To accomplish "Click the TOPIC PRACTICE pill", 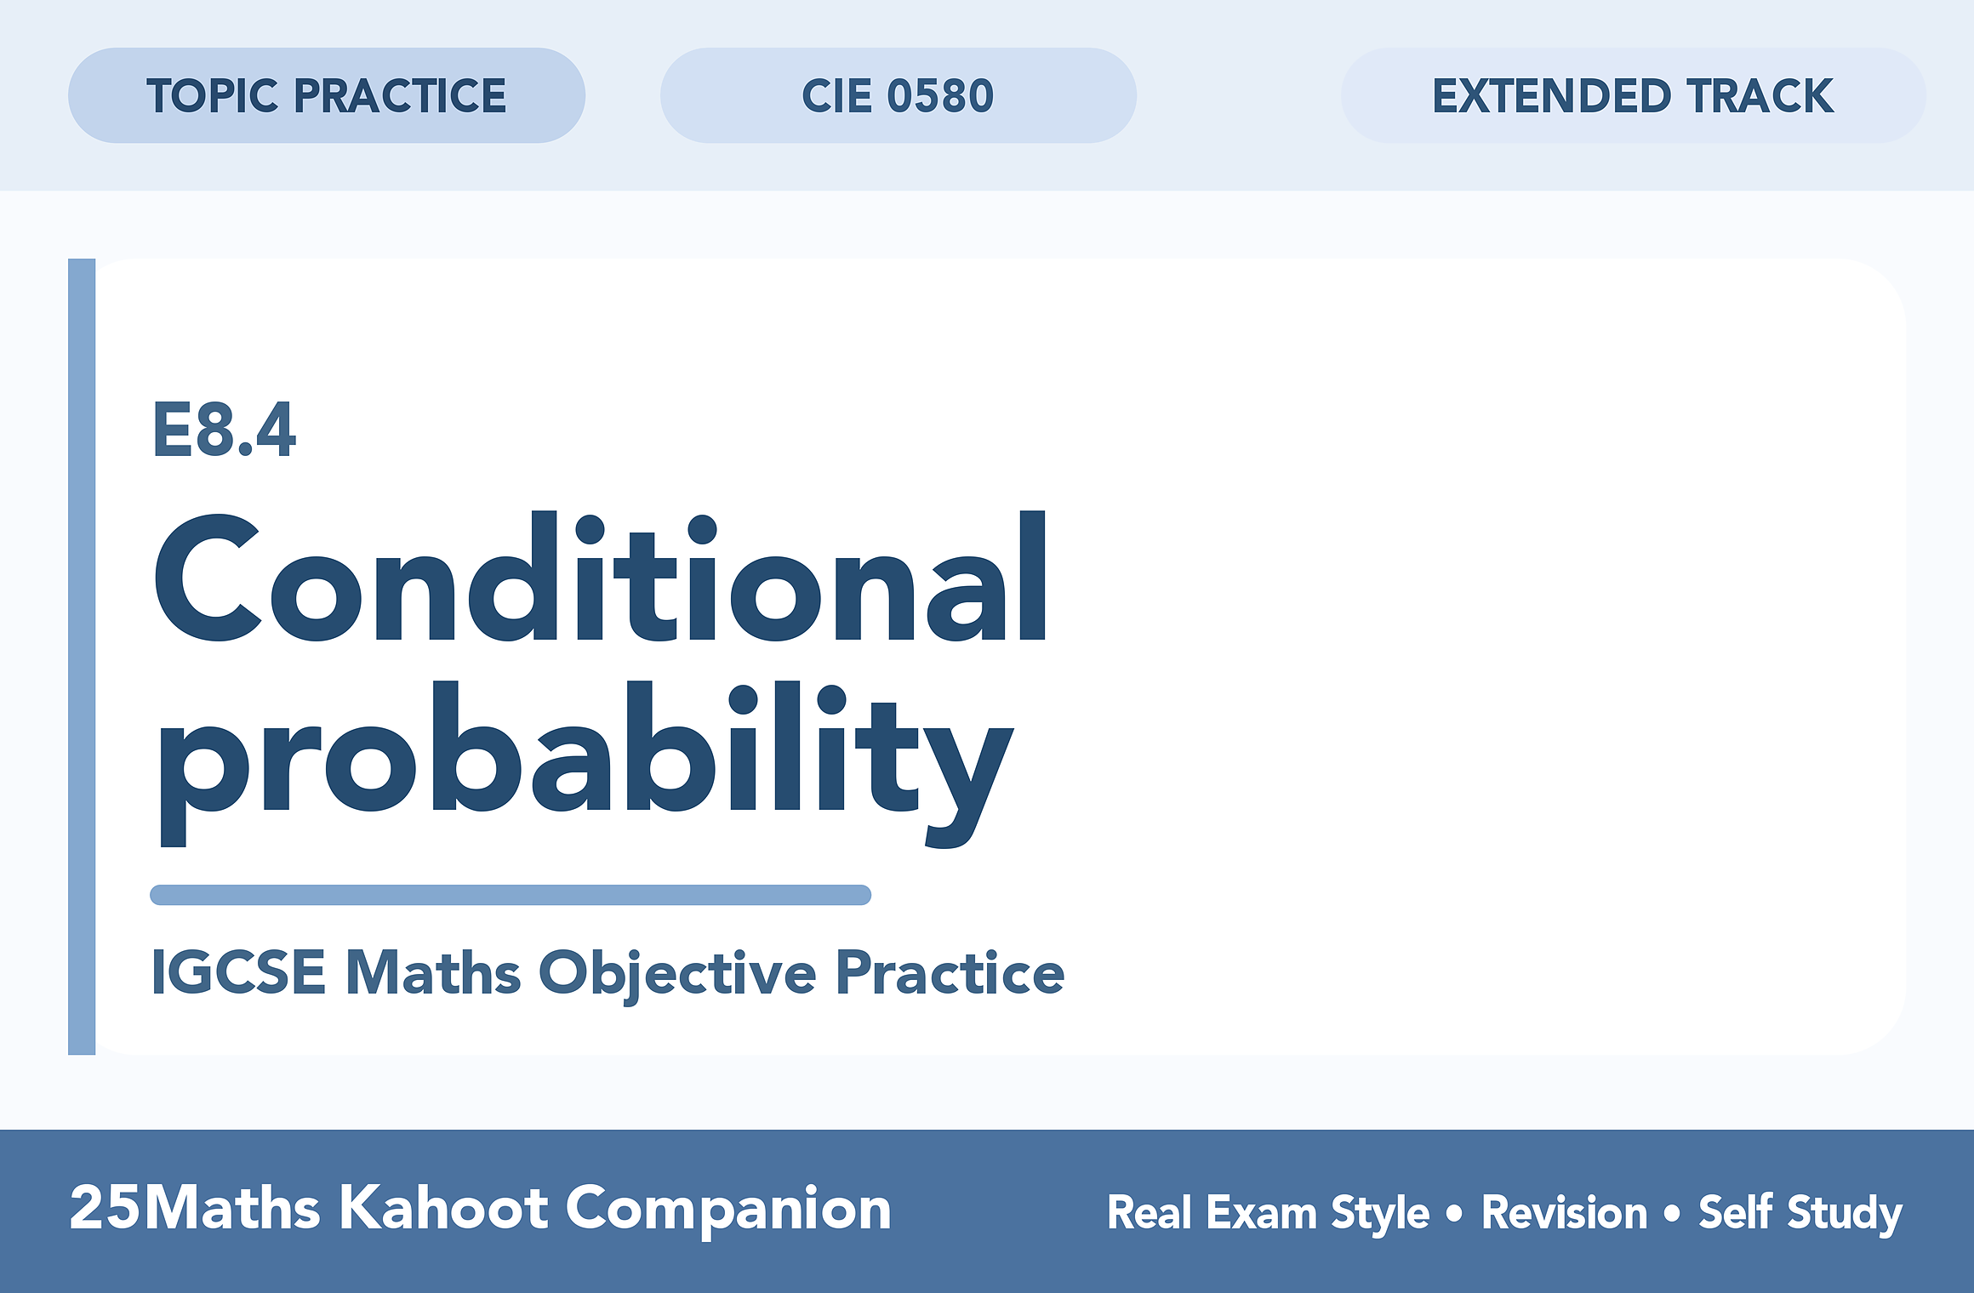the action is tap(327, 95).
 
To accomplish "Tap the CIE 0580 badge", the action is tap(899, 95).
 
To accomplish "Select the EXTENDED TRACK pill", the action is tap(1634, 95).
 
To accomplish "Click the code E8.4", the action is tap(225, 430).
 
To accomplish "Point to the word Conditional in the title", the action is tap(601, 577).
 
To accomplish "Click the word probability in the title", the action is tap(585, 763).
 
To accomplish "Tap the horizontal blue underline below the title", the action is tap(511, 895).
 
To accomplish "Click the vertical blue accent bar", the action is tap(82, 657).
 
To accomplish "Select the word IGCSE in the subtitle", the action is tap(239, 971).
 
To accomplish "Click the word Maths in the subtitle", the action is tap(433, 971).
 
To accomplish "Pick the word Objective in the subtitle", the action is tap(677, 975).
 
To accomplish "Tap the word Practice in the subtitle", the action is tap(950, 971).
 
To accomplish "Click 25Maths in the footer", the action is tap(195, 1208).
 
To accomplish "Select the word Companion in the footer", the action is tap(728, 1211).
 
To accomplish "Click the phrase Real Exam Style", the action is tap(1268, 1213).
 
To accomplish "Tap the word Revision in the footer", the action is tap(1565, 1212).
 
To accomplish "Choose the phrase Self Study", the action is tap(1800, 1213).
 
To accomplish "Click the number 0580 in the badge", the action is tap(940, 95).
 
